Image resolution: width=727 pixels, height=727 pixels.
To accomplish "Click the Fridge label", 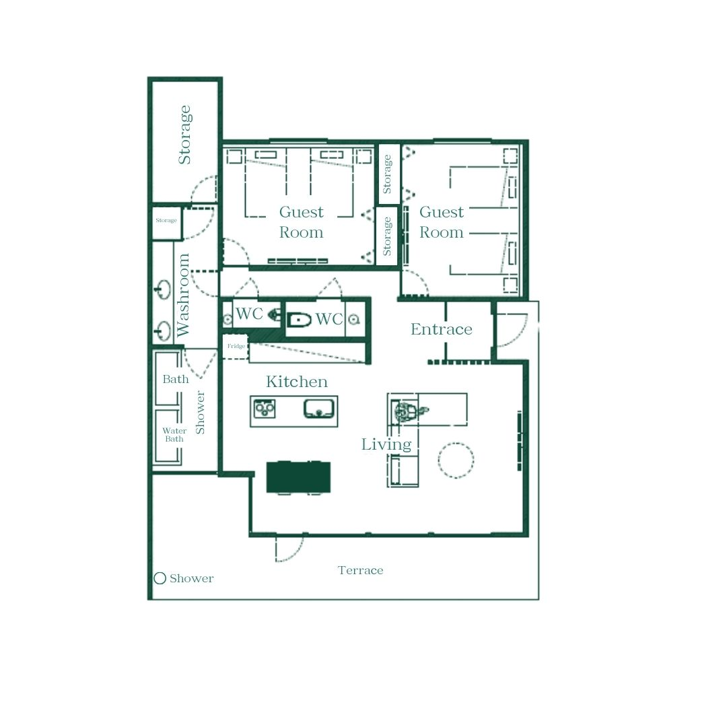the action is click(x=236, y=346).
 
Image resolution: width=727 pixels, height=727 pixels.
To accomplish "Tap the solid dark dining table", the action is click(x=299, y=477).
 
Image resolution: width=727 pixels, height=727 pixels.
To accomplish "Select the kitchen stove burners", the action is click(x=265, y=409).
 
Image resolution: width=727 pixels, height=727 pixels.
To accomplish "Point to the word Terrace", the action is click(x=360, y=570).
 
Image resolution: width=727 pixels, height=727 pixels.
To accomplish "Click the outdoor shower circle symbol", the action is click(x=160, y=578).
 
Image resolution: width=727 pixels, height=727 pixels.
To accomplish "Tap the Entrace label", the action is click(x=441, y=329).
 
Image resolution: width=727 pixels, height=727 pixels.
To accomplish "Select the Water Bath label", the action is click(x=174, y=435).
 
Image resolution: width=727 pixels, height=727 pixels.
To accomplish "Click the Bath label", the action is click(x=175, y=379).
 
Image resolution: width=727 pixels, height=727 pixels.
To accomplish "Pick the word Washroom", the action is click(x=183, y=295).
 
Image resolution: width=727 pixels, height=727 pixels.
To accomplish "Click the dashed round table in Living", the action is click(x=456, y=460).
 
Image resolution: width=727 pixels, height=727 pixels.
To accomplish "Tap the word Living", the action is click(x=386, y=444).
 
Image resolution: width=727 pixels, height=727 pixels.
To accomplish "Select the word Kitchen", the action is click(x=297, y=382).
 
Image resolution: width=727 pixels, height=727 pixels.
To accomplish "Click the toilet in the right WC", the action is click(x=299, y=320).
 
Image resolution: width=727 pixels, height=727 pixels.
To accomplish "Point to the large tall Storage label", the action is click(x=184, y=135).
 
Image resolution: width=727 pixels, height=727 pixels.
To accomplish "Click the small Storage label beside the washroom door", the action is click(x=166, y=220).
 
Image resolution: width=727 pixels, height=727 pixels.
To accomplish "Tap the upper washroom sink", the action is click(x=163, y=289).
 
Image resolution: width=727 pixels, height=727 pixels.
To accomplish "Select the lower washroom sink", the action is click(x=163, y=331).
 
